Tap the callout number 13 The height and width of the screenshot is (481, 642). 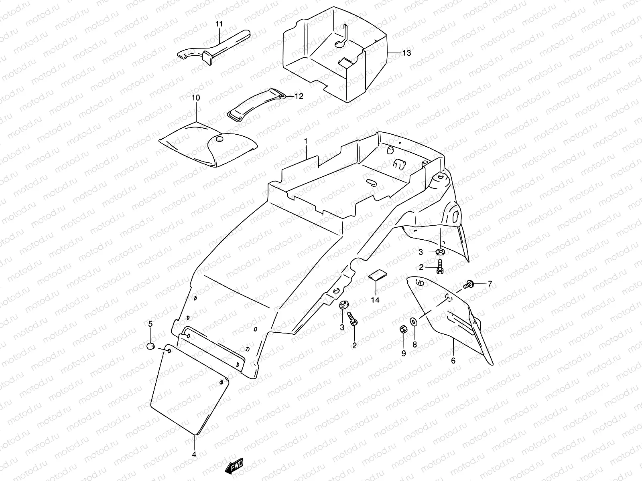click(406, 53)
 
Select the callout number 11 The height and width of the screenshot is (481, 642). click(219, 24)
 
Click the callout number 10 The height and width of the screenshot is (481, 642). click(195, 98)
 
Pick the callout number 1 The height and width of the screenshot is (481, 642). click(306, 141)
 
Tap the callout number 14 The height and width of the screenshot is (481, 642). click(375, 299)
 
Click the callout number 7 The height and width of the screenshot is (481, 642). click(489, 284)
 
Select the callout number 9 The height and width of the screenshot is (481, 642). click(404, 353)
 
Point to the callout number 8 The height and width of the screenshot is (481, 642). click(415, 344)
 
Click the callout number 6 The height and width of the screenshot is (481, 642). click(453, 360)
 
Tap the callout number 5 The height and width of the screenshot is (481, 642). click(150, 324)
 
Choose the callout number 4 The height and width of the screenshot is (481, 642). click(194, 455)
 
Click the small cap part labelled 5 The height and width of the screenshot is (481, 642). click(150, 346)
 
